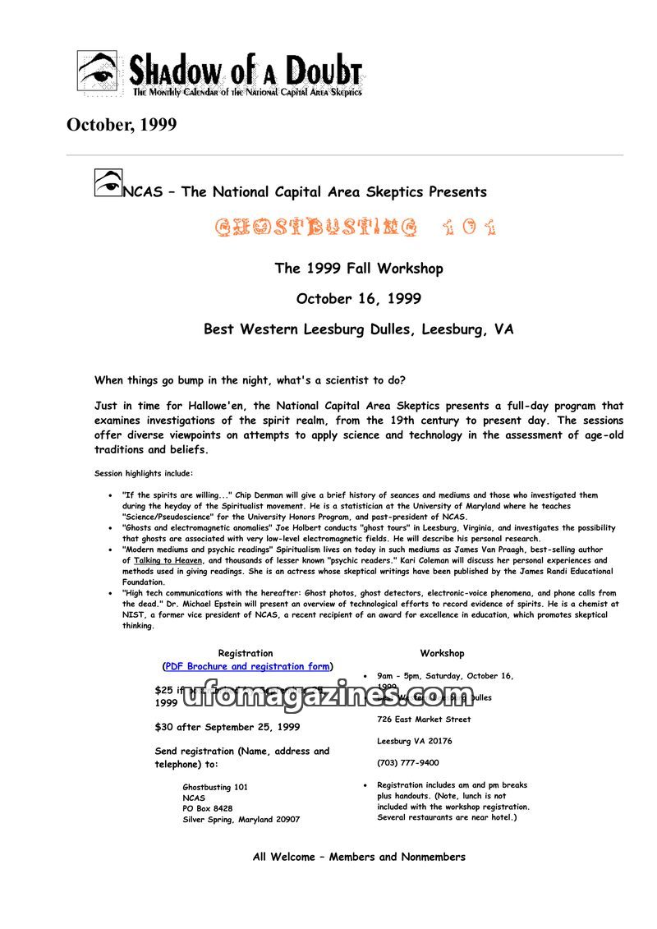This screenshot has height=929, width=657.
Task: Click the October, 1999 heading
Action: tap(122, 125)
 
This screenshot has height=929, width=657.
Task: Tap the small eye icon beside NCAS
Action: tap(108, 182)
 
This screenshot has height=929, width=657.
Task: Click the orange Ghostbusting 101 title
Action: tap(356, 227)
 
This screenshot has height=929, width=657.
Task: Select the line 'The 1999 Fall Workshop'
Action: tap(359, 269)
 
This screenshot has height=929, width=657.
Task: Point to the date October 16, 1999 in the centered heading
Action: tap(359, 299)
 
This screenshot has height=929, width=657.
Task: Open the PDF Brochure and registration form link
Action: tap(248, 666)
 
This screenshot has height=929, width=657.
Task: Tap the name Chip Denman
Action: tap(259, 495)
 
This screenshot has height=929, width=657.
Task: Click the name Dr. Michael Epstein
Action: tap(197, 604)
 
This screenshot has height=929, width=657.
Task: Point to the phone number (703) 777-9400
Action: tap(408, 763)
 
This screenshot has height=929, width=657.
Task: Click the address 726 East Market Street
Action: tap(424, 720)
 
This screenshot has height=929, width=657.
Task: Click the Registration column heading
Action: tap(246, 654)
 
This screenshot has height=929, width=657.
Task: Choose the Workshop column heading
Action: tap(442, 654)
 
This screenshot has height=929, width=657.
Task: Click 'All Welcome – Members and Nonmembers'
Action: tap(359, 857)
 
